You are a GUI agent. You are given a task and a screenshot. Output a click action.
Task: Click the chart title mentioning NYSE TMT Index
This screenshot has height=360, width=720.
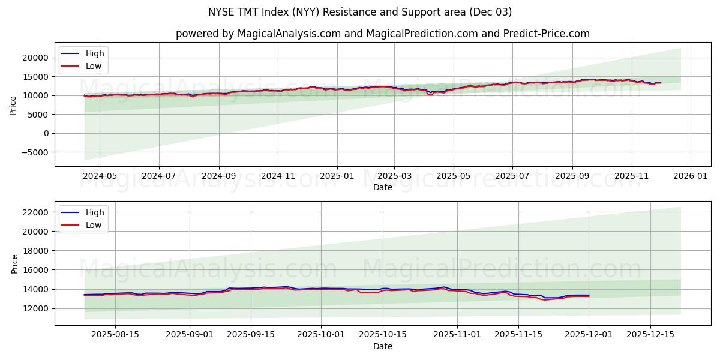[359, 12]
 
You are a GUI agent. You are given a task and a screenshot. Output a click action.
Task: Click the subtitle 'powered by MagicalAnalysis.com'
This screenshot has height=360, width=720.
[382, 34]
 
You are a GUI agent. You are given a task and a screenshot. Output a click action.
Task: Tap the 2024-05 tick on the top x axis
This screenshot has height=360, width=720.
[99, 177]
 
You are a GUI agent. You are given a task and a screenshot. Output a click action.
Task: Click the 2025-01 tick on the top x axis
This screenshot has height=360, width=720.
[337, 177]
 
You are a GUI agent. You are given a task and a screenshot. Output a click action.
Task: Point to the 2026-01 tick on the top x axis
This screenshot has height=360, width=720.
[691, 177]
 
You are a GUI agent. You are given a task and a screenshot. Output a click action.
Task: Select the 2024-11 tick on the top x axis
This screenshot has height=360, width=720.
[278, 177]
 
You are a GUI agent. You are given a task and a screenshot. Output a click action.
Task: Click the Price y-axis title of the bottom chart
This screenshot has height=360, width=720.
[14, 263]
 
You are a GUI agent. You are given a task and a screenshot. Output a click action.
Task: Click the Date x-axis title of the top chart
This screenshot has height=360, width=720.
[382, 187]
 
